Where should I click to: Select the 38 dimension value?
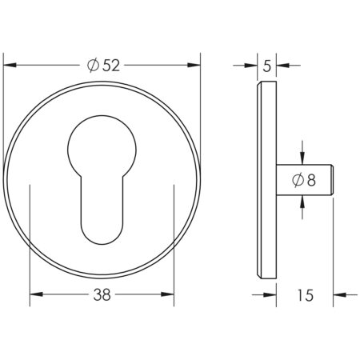pos(101,294)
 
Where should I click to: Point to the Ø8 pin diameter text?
pos(304,180)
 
